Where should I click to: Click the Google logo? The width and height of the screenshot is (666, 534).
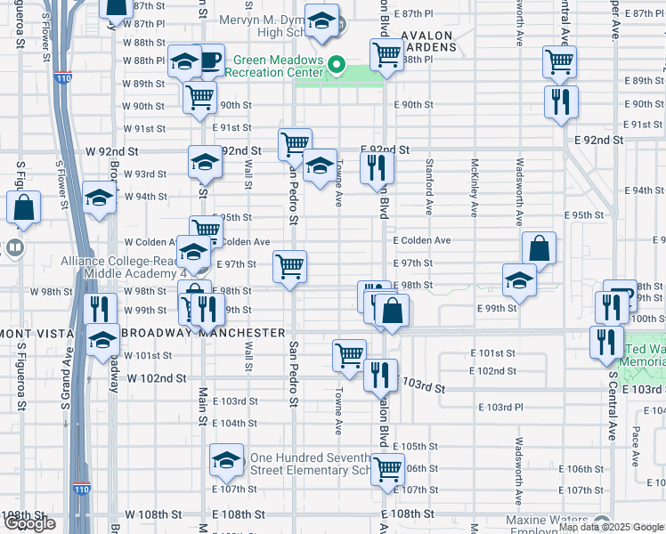click(x=29, y=523)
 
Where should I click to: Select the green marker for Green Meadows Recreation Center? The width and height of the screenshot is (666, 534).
click(x=337, y=64)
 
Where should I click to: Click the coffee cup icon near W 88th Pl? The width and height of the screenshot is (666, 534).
click(x=210, y=61)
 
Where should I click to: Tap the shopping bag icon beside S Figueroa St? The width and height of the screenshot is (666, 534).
click(x=24, y=207)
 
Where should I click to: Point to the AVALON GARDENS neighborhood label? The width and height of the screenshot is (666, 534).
click(x=427, y=36)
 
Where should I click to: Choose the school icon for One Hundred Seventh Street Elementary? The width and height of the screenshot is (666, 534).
click(x=226, y=460)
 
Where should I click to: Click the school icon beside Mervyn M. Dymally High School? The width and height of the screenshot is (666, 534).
click(x=321, y=20)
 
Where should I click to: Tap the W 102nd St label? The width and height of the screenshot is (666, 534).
click(x=156, y=378)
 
